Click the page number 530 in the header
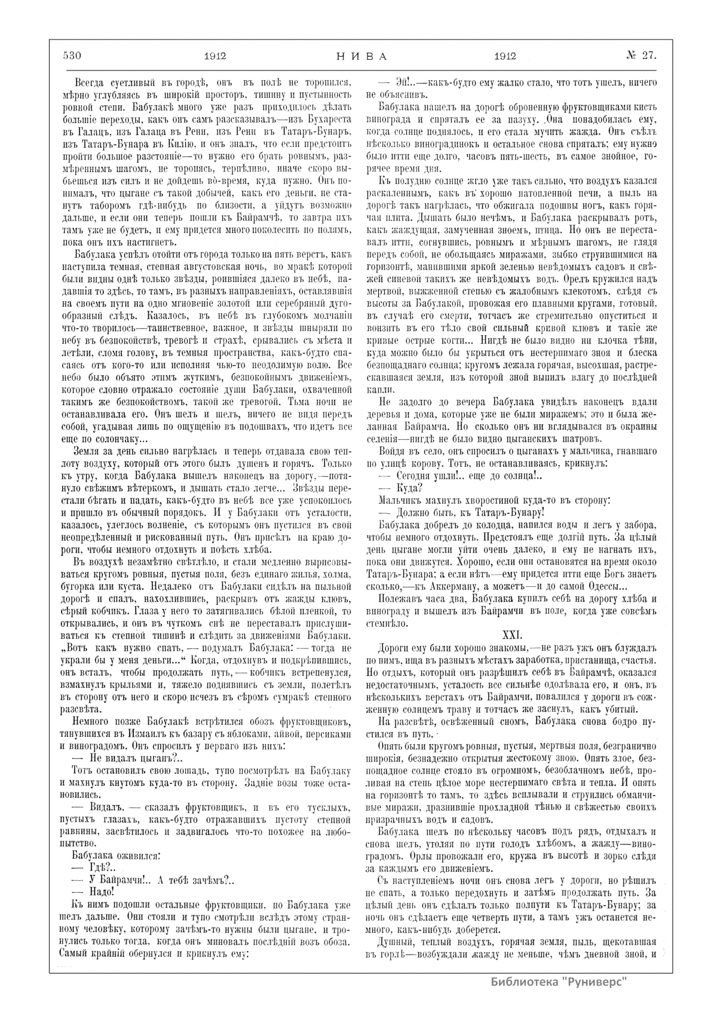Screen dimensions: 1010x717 click(71, 56)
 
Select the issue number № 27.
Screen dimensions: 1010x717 click(641, 56)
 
